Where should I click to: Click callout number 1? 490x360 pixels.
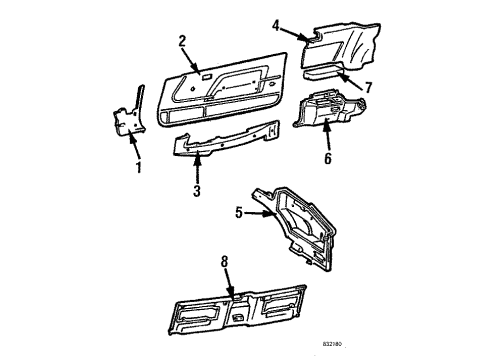click(139, 167)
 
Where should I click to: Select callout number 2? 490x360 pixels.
click(182, 41)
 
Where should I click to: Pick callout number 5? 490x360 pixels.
click(239, 212)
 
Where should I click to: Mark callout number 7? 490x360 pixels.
click(368, 87)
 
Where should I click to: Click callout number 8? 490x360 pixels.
click(226, 262)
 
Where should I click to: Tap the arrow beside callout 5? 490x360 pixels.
click(258, 212)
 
